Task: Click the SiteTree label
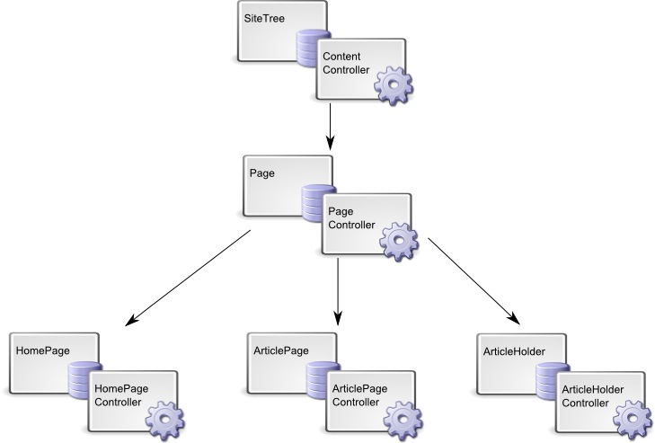[261, 18]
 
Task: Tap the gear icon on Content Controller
[392, 85]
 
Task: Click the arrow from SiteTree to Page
[331, 126]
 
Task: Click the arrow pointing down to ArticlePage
[338, 292]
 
